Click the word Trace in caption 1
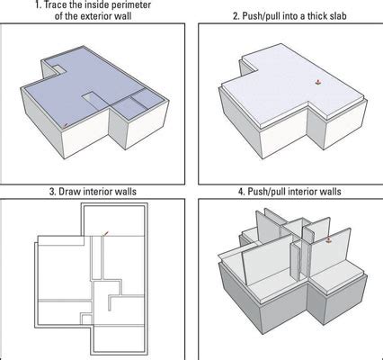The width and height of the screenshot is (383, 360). click(x=57, y=4)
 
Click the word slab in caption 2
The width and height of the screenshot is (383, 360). click(x=337, y=15)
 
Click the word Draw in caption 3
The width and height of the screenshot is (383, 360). click(x=69, y=192)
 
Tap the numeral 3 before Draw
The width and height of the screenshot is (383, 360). click(x=51, y=192)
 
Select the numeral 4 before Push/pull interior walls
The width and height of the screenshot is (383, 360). click(x=241, y=192)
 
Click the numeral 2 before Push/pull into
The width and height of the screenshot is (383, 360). click(x=236, y=15)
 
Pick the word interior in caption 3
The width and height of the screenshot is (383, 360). click(x=97, y=192)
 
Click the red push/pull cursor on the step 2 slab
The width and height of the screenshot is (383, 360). click(x=317, y=82)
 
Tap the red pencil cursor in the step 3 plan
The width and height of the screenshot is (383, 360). click(x=105, y=233)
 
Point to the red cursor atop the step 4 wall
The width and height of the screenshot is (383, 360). click(x=329, y=239)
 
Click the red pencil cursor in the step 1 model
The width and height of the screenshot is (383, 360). click(x=65, y=125)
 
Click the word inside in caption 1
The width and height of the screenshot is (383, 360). click(x=92, y=4)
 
